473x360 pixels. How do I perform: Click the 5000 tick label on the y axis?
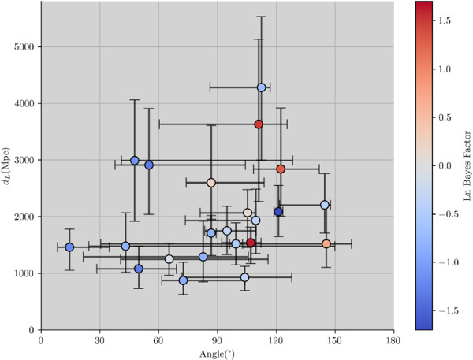click(24, 46)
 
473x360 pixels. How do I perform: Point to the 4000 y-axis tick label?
click(24, 103)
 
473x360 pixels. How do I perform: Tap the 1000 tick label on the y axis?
click(24, 273)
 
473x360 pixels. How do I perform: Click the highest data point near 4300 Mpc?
click(262, 87)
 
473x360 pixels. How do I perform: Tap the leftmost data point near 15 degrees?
click(69, 247)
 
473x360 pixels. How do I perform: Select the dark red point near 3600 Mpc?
click(259, 124)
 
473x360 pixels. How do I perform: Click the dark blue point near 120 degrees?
click(278, 212)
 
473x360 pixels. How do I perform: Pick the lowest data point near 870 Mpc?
click(183, 280)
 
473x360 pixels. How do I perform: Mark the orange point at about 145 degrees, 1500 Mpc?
click(326, 244)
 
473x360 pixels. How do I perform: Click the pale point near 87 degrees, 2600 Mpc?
click(211, 183)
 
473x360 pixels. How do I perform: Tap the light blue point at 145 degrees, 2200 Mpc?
click(325, 205)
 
